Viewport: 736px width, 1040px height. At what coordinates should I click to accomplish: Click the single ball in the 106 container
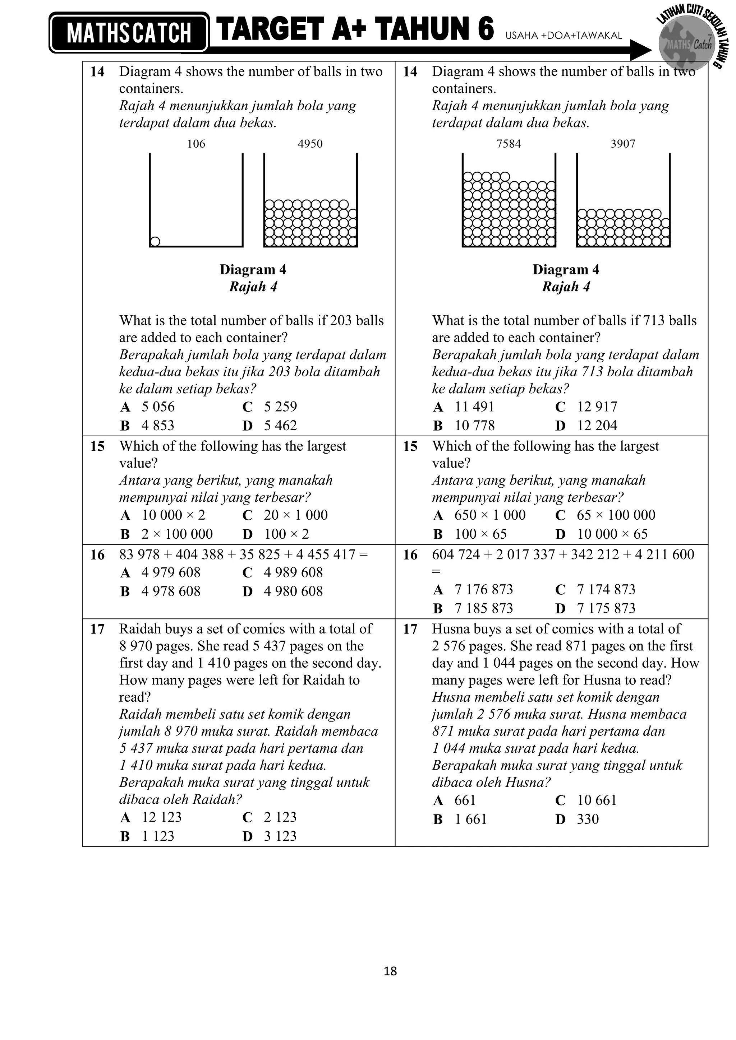(155, 241)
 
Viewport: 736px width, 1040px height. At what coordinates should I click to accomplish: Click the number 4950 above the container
(310, 144)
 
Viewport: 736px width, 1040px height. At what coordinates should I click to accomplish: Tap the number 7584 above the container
(509, 144)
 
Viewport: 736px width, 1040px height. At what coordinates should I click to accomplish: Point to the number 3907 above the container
(623, 144)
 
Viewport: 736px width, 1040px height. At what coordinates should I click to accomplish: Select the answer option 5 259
(280, 407)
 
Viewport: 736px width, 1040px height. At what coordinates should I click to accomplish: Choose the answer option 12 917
(597, 407)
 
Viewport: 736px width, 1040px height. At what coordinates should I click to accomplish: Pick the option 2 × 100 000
(177, 534)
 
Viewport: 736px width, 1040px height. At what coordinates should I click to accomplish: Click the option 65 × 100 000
(616, 515)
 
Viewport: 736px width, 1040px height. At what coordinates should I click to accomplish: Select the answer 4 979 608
(170, 572)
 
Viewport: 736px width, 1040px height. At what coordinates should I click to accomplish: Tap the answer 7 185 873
(484, 608)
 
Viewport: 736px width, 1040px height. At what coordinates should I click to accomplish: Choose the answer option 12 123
(161, 817)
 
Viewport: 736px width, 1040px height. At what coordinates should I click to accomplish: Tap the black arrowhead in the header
(640, 50)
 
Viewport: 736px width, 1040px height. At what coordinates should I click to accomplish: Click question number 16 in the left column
(97, 555)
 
